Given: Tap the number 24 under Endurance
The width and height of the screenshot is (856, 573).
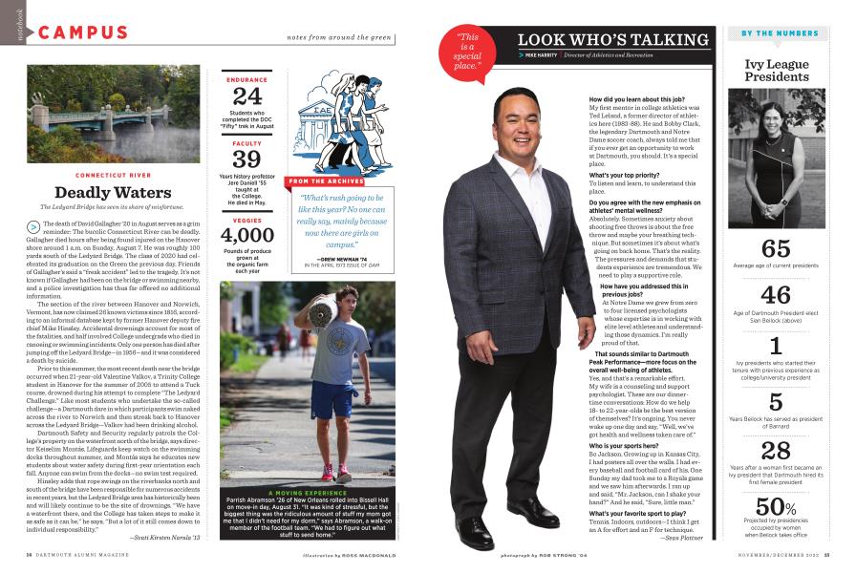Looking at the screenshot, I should point(247,96).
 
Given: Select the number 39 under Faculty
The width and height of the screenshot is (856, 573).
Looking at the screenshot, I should point(247,159).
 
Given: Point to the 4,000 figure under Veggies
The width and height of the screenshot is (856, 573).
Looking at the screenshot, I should point(247,236).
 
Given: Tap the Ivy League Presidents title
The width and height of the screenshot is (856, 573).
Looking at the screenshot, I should point(777,70).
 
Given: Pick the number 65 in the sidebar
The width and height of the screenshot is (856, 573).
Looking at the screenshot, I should point(776,249).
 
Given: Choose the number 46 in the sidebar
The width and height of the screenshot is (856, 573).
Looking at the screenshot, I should point(776,295).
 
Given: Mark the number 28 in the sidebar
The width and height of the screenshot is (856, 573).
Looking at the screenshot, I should point(776,451).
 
